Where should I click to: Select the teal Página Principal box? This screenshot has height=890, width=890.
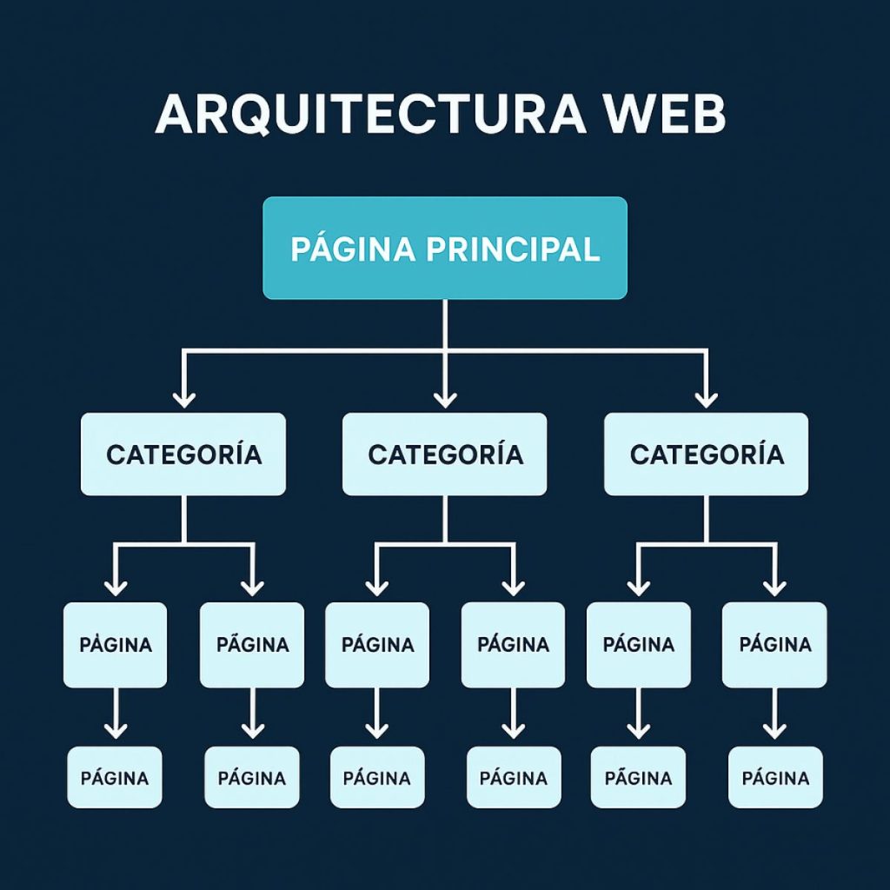point(445,248)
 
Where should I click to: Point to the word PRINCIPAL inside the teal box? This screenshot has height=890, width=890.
point(513,249)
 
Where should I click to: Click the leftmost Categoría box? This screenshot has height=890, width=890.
point(183,455)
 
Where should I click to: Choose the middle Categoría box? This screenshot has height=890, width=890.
point(445,455)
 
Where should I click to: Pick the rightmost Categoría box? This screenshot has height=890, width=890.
point(707,455)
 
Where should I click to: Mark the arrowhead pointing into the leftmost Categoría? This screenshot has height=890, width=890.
point(183,399)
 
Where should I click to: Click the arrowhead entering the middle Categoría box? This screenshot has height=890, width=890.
point(445,399)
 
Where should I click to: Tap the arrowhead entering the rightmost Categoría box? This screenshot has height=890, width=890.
point(707,399)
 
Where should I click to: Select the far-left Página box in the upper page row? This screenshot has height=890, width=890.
point(115,645)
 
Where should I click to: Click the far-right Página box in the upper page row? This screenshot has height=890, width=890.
point(774,645)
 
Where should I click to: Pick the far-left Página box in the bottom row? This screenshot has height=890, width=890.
point(115,777)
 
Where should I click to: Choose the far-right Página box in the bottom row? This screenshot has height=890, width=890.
point(774,777)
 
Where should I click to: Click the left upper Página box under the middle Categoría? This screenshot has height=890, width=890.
point(377,645)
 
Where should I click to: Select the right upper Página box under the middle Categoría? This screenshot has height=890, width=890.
point(513,645)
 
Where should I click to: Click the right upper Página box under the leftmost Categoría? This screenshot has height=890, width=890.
point(252,645)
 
